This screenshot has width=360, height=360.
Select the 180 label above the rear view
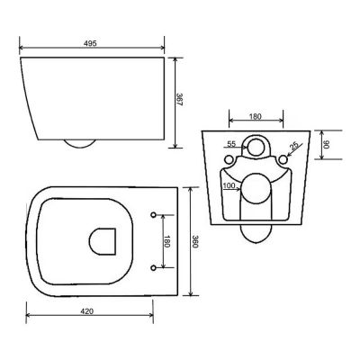256,115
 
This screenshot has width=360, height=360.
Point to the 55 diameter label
231,144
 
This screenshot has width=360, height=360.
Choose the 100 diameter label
229,185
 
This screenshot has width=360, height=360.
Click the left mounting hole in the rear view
228,160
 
